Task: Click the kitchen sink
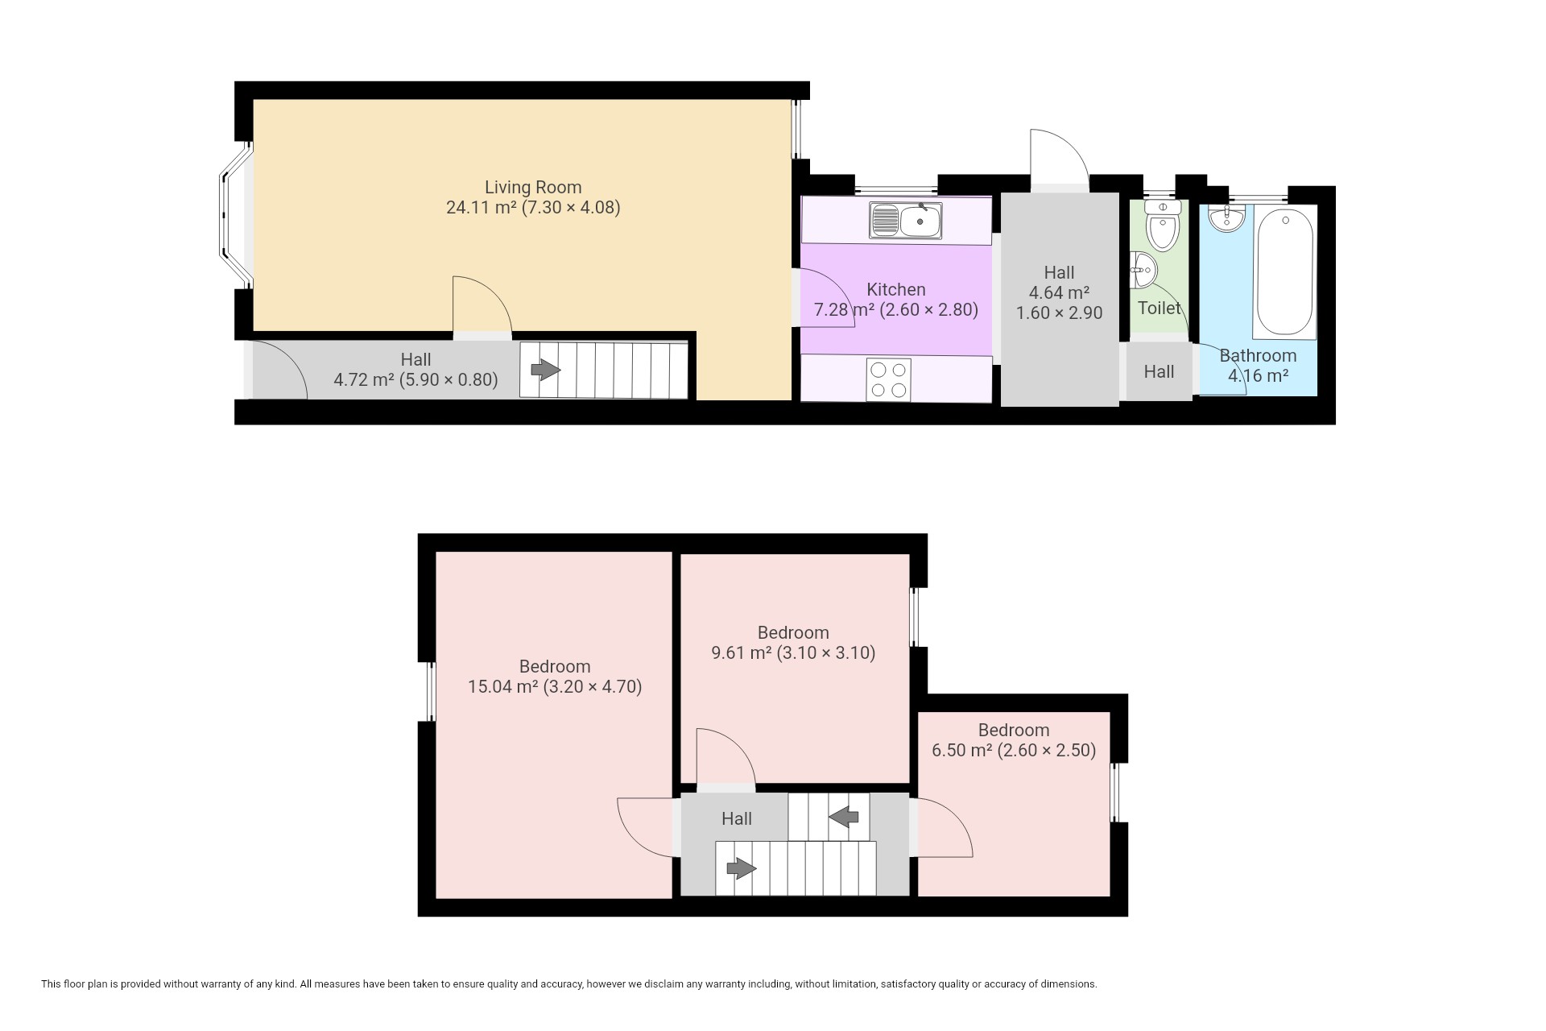tap(905, 220)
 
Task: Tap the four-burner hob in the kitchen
tap(889, 380)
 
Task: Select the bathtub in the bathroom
tap(1284, 272)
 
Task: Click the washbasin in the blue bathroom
tap(1226, 217)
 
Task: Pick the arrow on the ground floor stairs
tap(546, 370)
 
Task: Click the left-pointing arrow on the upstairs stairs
tap(844, 818)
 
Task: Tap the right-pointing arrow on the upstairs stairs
tap(742, 868)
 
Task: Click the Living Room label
tap(533, 187)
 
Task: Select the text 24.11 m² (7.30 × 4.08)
tap(533, 208)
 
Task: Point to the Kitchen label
tap(896, 289)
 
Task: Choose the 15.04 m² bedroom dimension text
tap(555, 687)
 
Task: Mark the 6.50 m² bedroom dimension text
tap(1014, 751)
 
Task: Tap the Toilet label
tap(1159, 308)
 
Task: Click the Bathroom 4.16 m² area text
tap(1258, 375)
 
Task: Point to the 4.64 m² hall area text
tap(1059, 293)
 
